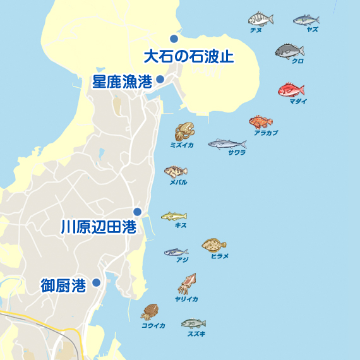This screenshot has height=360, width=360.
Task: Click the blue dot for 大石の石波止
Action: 174,39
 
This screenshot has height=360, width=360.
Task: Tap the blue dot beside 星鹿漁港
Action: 160,79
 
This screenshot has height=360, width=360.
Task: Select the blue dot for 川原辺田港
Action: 137,212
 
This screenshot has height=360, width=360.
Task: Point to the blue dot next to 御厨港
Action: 96,282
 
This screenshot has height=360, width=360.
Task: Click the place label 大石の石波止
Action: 189,56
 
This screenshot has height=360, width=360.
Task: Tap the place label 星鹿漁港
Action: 123,81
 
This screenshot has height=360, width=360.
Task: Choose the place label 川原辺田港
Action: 99,227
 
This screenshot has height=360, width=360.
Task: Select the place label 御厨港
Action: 63,285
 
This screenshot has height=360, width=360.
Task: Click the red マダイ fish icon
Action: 291,90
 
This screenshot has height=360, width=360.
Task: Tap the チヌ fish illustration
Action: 260,19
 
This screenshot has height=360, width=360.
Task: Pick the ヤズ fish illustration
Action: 306,20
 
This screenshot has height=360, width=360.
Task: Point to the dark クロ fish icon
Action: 290,51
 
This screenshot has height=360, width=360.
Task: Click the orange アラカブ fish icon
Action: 260,121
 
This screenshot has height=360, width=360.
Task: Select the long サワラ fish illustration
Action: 227,143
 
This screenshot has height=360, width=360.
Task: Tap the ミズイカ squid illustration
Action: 184,132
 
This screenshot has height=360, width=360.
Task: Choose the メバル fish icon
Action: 176,171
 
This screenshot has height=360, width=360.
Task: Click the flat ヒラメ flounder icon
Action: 214,244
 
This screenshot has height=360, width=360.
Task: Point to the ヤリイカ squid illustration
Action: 188,284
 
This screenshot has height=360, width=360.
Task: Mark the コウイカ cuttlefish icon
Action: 150,311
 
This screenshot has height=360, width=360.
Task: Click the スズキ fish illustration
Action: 193,323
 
